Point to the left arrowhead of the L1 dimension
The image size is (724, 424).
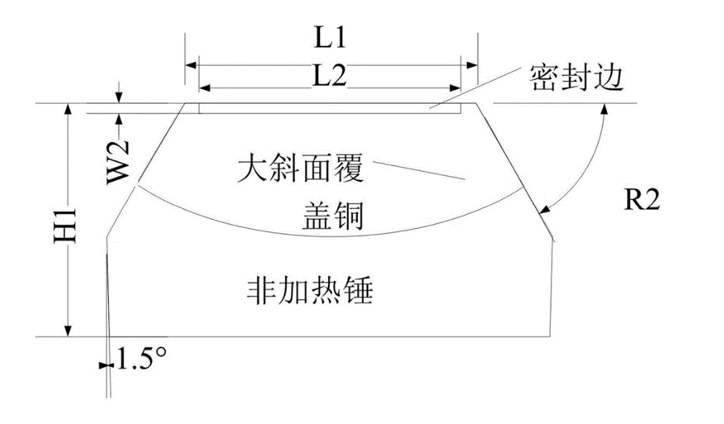pos(191,65)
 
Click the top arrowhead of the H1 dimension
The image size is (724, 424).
pos(69,109)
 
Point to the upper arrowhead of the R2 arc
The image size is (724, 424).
pos(604,109)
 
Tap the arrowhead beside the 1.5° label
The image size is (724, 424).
pos(102,360)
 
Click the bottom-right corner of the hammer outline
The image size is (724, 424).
pos(549,336)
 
